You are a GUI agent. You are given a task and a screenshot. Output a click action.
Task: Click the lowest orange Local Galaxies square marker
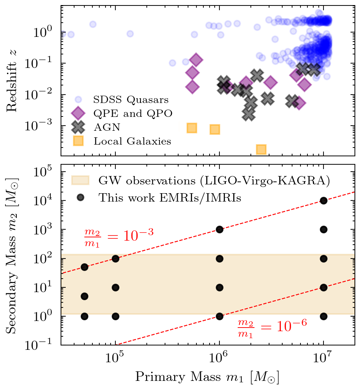click(261, 149)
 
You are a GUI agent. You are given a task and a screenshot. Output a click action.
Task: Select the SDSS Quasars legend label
click(131, 99)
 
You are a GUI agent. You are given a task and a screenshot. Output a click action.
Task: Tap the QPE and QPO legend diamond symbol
click(78, 113)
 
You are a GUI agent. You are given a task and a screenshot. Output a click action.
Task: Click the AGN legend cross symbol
click(78, 127)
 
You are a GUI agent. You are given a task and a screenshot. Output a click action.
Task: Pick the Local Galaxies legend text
click(132, 141)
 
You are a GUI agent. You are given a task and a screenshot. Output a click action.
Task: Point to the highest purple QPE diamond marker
click(196, 60)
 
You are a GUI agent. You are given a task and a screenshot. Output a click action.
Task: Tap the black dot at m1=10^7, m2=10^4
click(323, 200)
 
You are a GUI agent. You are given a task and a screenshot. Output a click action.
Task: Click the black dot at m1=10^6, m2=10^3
click(219, 229)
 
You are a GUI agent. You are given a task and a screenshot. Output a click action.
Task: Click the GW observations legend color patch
click(80, 180)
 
